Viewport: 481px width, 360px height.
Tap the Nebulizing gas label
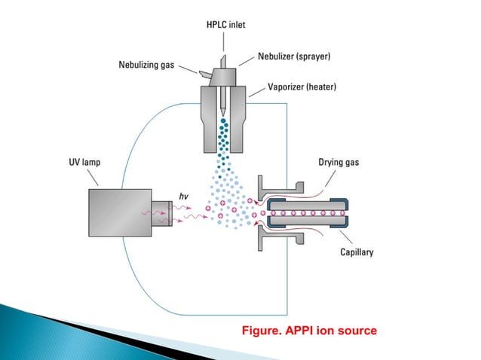click(x=147, y=65)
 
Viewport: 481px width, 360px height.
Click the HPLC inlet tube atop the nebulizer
click(x=225, y=49)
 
